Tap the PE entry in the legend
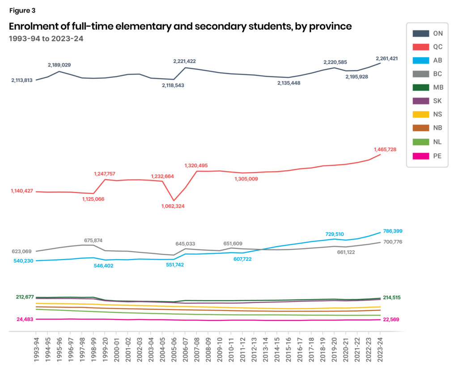click(437, 156)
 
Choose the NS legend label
click(437, 115)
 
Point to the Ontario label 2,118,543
click(179, 85)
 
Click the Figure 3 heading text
click(22, 10)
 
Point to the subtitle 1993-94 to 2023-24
click(46, 38)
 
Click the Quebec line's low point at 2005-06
click(174, 200)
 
